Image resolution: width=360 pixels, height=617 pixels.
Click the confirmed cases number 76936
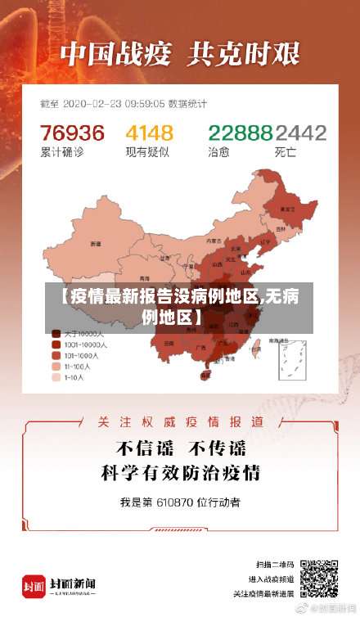73,133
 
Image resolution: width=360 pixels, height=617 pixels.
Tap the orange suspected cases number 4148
149,133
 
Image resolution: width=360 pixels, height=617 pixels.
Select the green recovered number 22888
240,133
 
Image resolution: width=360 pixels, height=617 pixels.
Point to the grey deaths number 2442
300,133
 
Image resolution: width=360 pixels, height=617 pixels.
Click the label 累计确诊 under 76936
61,151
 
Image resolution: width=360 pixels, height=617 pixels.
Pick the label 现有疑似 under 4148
146,151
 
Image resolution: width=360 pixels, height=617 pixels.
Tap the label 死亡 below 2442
286,151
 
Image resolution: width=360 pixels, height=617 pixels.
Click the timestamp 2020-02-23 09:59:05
119,104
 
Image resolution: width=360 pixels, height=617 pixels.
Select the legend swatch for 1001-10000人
57,345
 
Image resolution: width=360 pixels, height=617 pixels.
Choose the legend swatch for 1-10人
57,378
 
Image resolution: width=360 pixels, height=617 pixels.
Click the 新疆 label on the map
96,243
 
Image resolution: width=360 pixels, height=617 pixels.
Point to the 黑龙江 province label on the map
288,209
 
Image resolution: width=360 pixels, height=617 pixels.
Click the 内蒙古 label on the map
214,241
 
